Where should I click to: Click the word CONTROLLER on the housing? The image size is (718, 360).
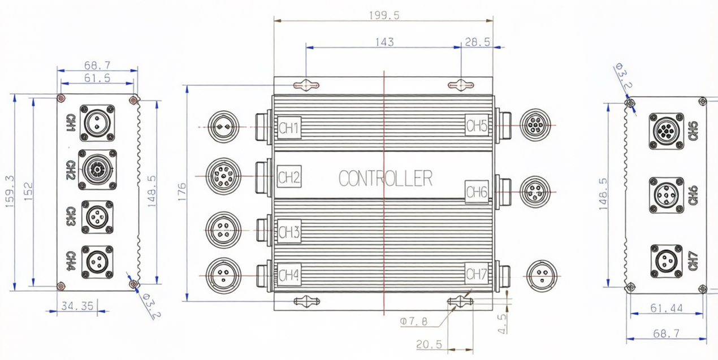[x=386, y=179]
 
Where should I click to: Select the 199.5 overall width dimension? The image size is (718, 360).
[x=384, y=15]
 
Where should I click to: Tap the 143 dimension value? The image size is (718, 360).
[x=384, y=42]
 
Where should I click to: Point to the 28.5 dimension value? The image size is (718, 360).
[x=477, y=42]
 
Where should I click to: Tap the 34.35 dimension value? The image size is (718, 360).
[x=77, y=306]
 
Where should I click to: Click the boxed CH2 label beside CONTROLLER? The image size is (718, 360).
[x=289, y=179]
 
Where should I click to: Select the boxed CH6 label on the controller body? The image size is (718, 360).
[x=477, y=192]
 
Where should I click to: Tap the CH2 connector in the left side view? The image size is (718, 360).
[x=97, y=169]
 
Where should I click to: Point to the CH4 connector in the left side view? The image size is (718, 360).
[x=97, y=262]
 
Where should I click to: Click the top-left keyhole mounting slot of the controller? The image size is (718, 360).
[x=306, y=85]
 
